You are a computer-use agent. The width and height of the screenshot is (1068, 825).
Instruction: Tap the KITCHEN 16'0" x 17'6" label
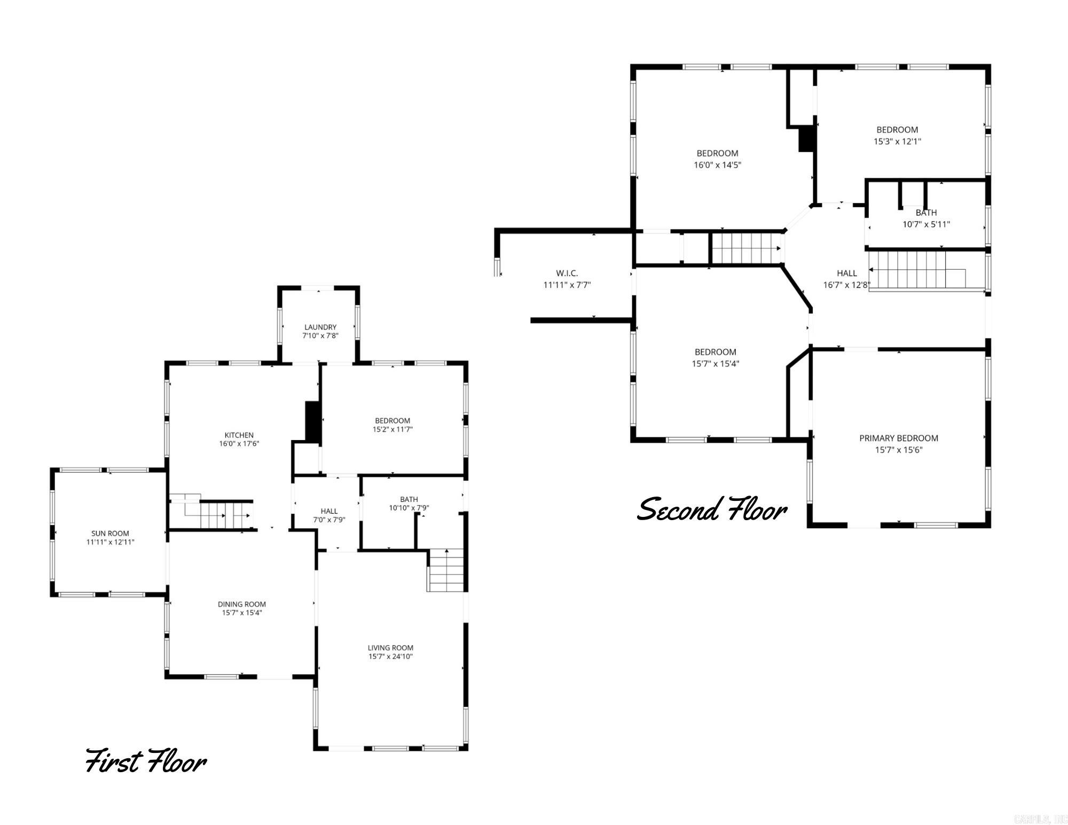tap(239, 439)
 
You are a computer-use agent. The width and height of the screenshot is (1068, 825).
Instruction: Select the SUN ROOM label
tap(110, 533)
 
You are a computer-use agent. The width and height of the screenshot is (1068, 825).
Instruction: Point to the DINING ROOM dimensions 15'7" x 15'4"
tap(242, 612)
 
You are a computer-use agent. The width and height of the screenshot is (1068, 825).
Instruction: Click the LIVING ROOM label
tap(390, 648)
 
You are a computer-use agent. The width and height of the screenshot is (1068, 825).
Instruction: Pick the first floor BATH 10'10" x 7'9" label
tap(409, 504)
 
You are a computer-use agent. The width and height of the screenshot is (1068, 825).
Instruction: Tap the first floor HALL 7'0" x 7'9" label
tap(329, 515)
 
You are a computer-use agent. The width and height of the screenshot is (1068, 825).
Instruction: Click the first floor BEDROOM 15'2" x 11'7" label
tap(392, 425)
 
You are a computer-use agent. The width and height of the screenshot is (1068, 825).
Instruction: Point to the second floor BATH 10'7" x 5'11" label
tap(926, 218)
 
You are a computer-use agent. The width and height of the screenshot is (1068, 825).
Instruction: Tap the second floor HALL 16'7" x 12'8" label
tap(846, 279)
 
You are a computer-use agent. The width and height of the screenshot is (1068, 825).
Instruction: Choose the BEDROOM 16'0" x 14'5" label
tap(717, 159)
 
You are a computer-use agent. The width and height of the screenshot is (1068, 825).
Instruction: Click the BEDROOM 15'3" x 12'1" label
tap(897, 135)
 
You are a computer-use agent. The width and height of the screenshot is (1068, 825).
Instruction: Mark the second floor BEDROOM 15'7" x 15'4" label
tap(716, 358)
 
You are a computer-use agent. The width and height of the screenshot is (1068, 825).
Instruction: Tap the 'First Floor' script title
tap(146, 760)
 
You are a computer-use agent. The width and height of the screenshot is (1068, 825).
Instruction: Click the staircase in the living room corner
tap(446, 570)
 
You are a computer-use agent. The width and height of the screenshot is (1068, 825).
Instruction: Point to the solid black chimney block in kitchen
tap(312, 421)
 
